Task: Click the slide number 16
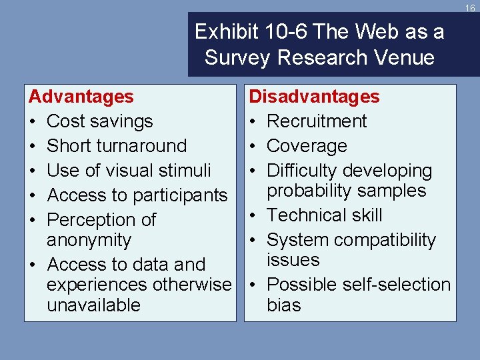pos(470,8)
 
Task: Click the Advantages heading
pos(81,97)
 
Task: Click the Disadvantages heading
pos(314,97)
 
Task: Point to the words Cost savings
pos(100,121)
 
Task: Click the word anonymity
pos(89,240)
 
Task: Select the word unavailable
pos(94,305)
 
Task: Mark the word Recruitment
pos(317,121)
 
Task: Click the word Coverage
pos(307,146)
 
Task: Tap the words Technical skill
pos(325,215)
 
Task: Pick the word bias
pos(284,305)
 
